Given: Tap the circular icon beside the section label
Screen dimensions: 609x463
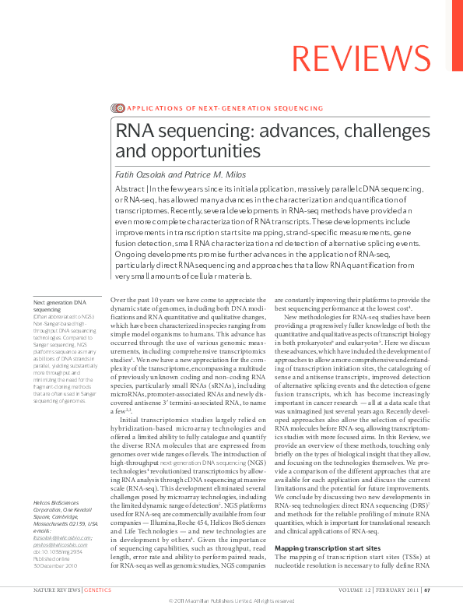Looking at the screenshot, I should (118, 108).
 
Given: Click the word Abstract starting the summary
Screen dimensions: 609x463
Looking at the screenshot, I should (130, 188).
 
